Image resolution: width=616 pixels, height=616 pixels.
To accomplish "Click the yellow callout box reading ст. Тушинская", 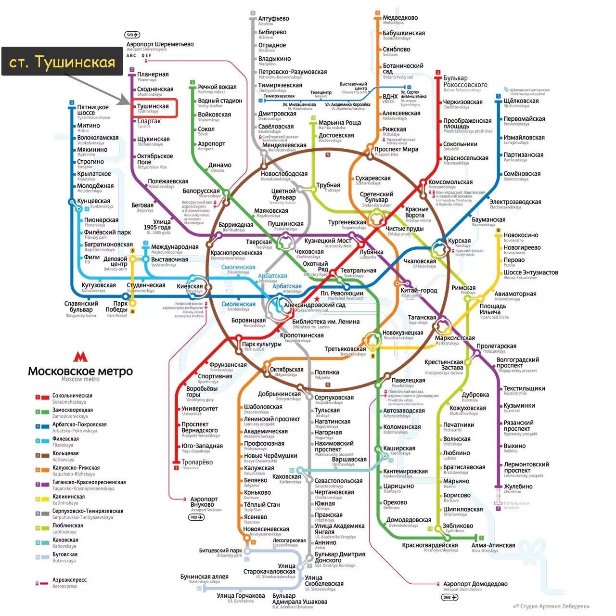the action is click(x=62, y=62).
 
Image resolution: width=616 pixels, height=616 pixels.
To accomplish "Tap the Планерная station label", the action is click(x=153, y=75).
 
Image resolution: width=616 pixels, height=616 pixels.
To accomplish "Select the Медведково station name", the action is click(x=400, y=18).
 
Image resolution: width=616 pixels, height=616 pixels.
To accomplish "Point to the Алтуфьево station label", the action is click(x=273, y=18).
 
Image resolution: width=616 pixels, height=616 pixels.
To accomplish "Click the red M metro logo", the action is click(x=80, y=357).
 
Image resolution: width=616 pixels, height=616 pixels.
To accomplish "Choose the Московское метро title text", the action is click(x=80, y=372).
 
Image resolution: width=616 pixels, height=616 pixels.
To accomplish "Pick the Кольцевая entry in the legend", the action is click(x=65, y=453).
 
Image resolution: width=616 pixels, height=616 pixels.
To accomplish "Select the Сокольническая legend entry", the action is click(x=72, y=396).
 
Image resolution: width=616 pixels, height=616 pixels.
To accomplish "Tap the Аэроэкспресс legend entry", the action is click(x=69, y=580).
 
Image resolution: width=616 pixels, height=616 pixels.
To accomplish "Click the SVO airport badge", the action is click(x=132, y=35).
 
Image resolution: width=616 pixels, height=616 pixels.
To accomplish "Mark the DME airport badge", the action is click(x=449, y=597).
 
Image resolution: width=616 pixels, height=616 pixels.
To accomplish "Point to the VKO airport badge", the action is click(x=196, y=517).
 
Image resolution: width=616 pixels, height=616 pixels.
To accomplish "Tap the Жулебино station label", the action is click(x=518, y=487).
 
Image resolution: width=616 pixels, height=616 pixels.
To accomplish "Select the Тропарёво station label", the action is click(x=197, y=462).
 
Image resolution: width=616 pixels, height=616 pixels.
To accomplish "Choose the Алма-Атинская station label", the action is click(x=493, y=545).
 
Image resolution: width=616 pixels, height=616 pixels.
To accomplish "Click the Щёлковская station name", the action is click(x=521, y=101).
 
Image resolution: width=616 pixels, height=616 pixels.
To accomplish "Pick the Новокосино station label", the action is click(x=521, y=235).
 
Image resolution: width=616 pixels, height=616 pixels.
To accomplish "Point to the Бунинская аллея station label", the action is click(x=204, y=577).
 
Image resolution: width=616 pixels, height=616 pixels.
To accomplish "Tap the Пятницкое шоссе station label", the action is click(x=93, y=110).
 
